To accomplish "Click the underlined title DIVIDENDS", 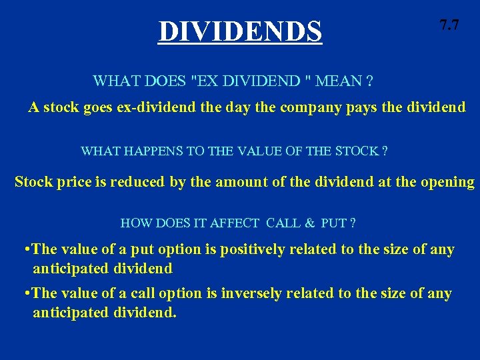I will coord(240,31).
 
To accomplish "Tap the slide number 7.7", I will coord(449,26).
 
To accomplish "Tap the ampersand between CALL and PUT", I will coord(309,223).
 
